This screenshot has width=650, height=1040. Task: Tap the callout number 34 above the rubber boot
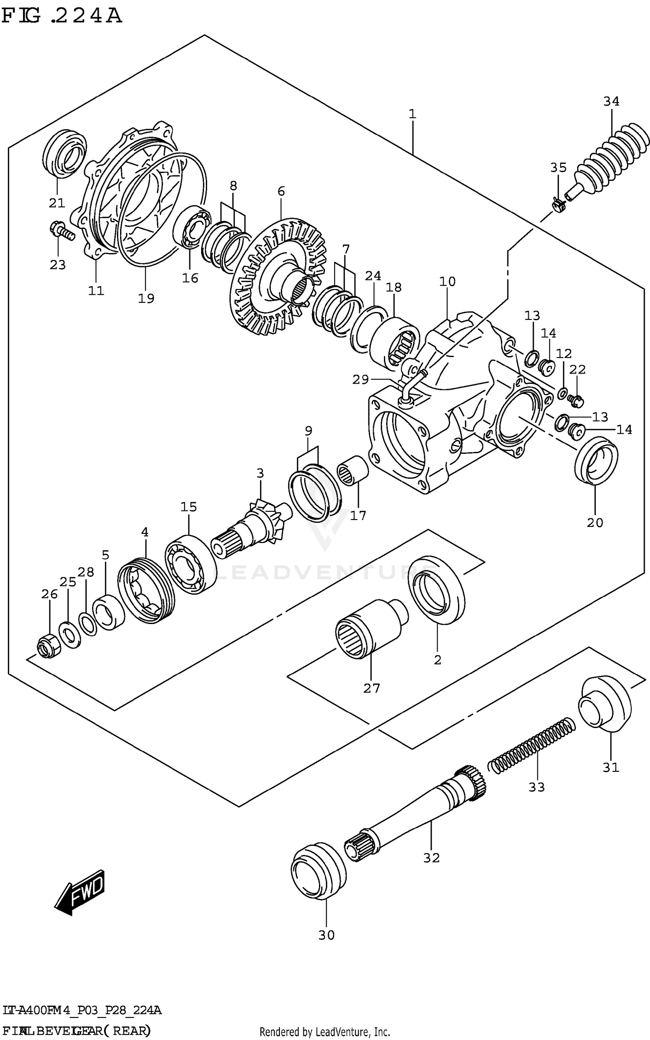pyautogui.click(x=611, y=101)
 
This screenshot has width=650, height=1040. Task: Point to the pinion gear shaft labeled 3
pyautogui.click(x=253, y=526)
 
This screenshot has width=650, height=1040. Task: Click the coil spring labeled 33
pyautogui.click(x=532, y=744)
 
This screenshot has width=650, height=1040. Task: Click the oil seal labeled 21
pyautogui.click(x=65, y=154)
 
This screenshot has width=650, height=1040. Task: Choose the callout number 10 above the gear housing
pyautogui.click(x=447, y=282)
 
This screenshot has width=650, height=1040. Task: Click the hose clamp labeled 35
pyautogui.click(x=558, y=203)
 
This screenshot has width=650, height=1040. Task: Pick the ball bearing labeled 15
pyautogui.click(x=191, y=564)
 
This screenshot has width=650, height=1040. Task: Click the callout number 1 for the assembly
pyautogui.click(x=412, y=114)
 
